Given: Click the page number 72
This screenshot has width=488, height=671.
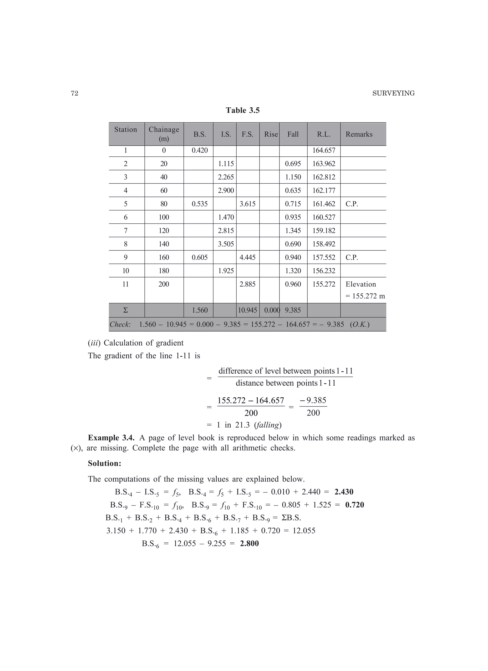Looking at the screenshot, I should pyautogui.click(x=75, y=94).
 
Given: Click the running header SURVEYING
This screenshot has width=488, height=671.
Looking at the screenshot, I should pyautogui.click(x=393, y=94).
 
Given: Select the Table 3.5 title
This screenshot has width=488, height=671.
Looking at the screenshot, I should pyautogui.click(x=243, y=110).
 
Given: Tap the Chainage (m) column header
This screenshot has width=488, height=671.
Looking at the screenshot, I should pyautogui.click(x=164, y=134).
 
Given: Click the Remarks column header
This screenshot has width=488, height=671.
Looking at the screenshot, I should pyautogui.click(x=359, y=134).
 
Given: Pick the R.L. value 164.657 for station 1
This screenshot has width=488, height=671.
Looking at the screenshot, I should pyautogui.click(x=324, y=150).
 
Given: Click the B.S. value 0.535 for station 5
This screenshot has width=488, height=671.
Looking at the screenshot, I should pyautogui.click(x=200, y=204).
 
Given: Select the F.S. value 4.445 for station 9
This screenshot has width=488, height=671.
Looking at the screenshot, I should pyautogui.click(x=247, y=257).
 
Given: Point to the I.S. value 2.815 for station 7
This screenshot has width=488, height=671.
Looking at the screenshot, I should pyautogui.click(x=226, y=230).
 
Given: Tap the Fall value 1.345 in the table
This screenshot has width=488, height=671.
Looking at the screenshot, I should pyautogui.click(x=293, y=230).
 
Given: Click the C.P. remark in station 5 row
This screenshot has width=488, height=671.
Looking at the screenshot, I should pyautogui.click(x=352, y=204).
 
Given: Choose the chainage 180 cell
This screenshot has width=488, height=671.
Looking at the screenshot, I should pyautogui.click(x=164, y=271).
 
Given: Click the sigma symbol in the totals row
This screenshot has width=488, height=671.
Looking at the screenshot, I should pyautogui.click(x=126, y=310).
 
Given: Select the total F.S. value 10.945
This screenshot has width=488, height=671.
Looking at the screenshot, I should pyautogui.click(x=248, y=310).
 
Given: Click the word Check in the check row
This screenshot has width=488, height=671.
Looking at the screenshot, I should pyautogui.click(x=120, y=324).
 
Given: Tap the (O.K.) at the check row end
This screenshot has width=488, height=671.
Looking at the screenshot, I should pyautogui.click(x=360, y=324).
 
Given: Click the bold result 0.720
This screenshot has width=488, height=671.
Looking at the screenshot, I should pyautogui.click(x=355, y=505).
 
